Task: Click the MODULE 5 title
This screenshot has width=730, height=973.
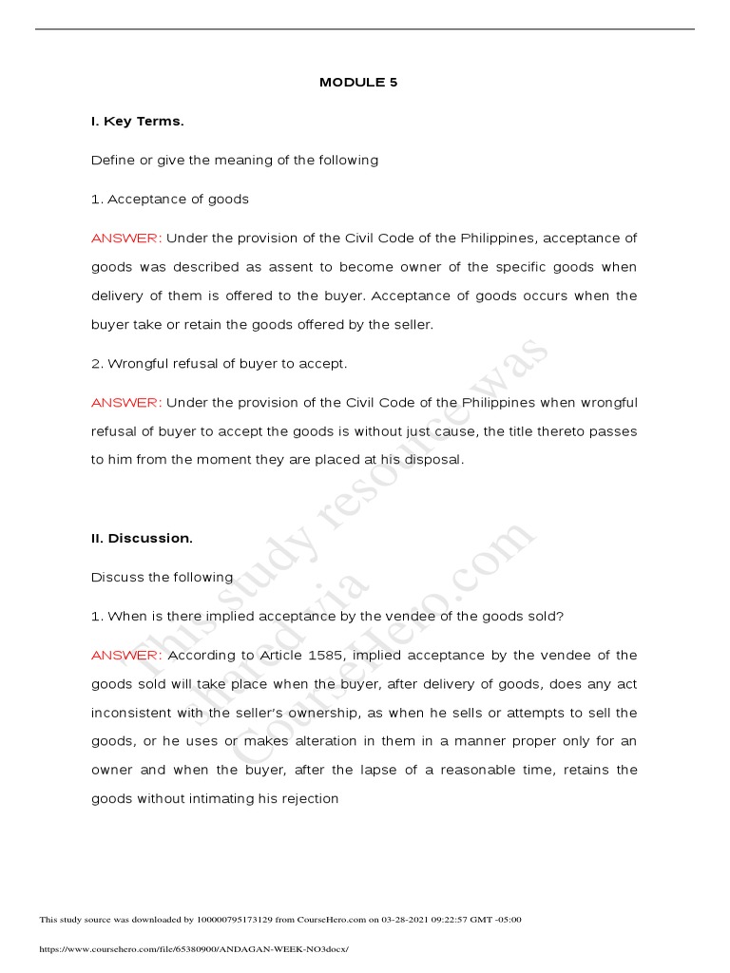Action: pos(358,83)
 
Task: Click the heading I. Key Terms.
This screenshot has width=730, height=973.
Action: pos(137,122)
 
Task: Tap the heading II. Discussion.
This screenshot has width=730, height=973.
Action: pos(142,538)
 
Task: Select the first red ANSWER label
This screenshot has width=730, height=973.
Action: pos(126,238)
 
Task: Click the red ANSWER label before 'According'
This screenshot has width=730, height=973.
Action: pos(126,655)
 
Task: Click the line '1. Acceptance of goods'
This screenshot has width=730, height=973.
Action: pos(170,199)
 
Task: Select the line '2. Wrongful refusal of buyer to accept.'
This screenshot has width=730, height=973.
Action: pos(220,363)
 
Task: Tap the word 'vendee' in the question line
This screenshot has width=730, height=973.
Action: pos(400,616)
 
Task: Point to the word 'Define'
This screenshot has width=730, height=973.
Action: pos(113,160)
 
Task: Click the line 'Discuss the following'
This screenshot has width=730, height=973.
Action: pos(162,577)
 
